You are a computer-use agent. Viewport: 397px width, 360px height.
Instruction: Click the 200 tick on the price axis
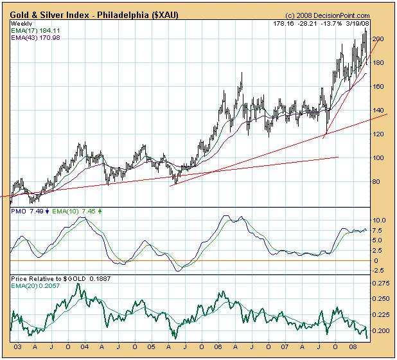(x=379, y=39)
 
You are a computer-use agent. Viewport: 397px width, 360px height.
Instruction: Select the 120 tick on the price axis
(x=379, y=134)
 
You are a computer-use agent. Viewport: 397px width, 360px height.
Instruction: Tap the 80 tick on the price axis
(x=379, y=182)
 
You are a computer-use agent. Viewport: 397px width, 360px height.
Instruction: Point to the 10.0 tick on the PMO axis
(x=380, y=221)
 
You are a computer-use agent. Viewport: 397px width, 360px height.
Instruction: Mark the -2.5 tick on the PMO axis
(x=380, y=270)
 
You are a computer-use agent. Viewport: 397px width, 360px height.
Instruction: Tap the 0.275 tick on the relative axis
(x=381, y=283)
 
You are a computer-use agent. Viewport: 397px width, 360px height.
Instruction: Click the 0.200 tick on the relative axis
(x=381, y=331)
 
